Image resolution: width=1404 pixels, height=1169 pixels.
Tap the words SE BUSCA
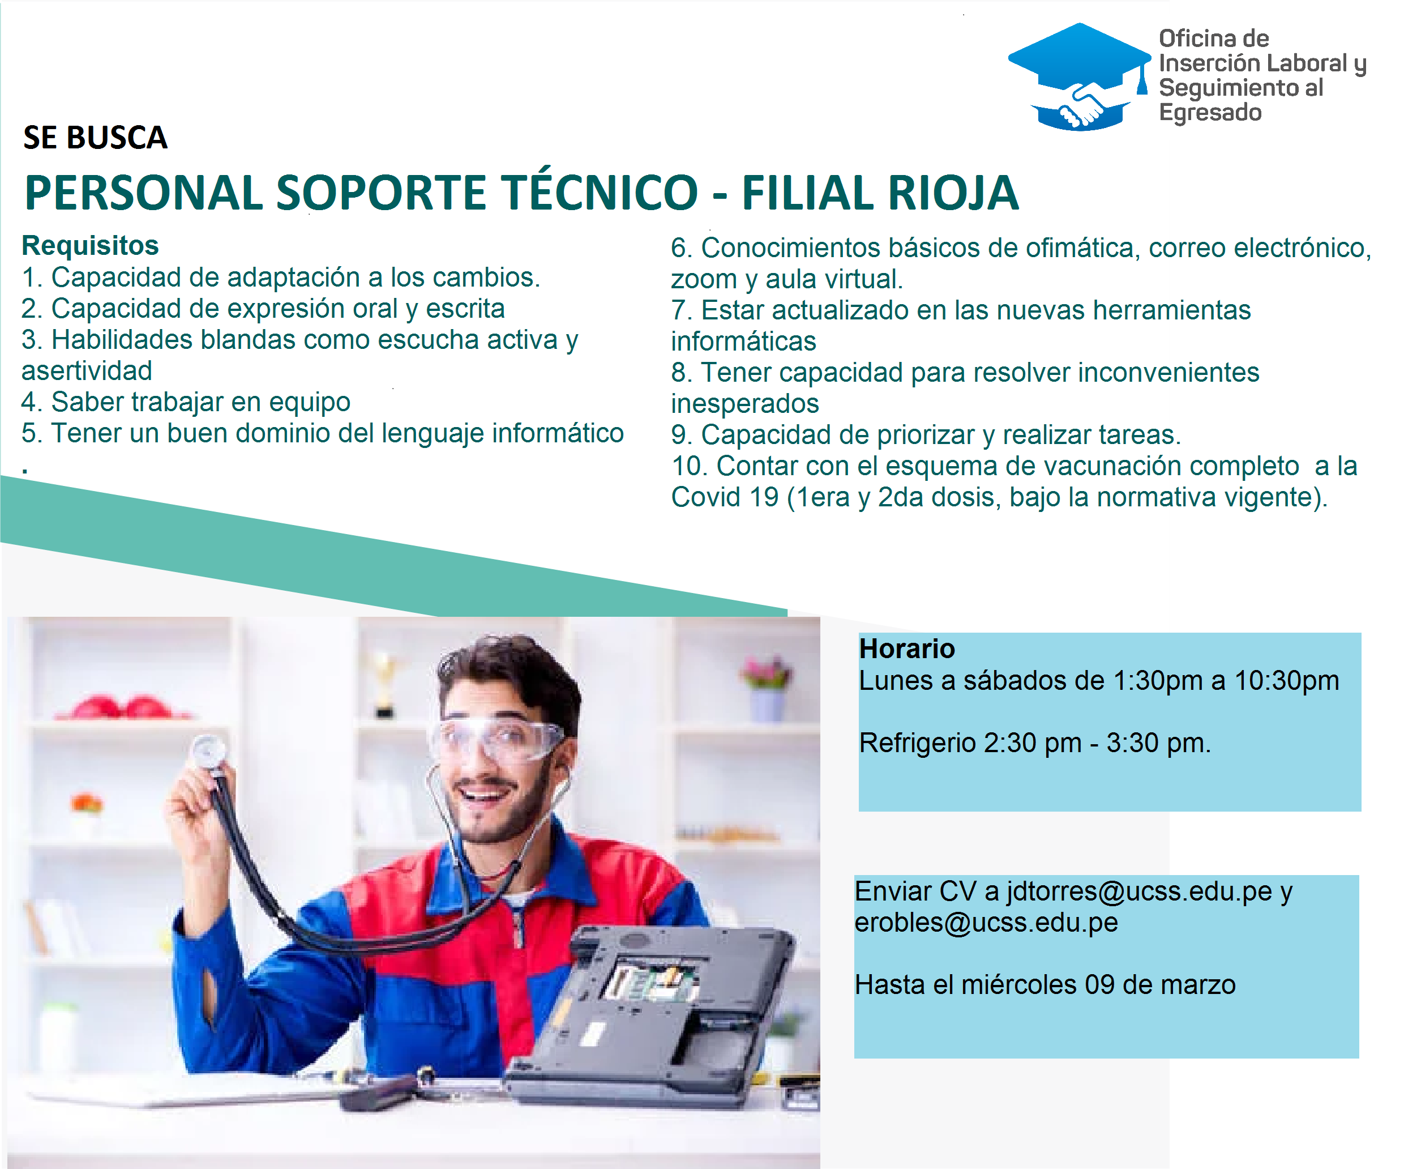click(95, 138)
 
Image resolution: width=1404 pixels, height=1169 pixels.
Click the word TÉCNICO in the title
click(600, 193)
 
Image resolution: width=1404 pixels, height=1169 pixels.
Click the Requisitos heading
click(90, 245)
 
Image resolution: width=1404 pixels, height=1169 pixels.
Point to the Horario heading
click(906, 649)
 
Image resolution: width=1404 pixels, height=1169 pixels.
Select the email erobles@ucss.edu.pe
click(986, 923)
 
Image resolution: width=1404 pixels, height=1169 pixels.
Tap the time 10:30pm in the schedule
click(1286, 681)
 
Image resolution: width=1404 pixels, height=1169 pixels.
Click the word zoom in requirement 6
click(703, 280)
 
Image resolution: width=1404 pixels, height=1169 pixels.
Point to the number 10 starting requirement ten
click(688, 466)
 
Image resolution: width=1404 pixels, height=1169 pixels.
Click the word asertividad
click(87, 371)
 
